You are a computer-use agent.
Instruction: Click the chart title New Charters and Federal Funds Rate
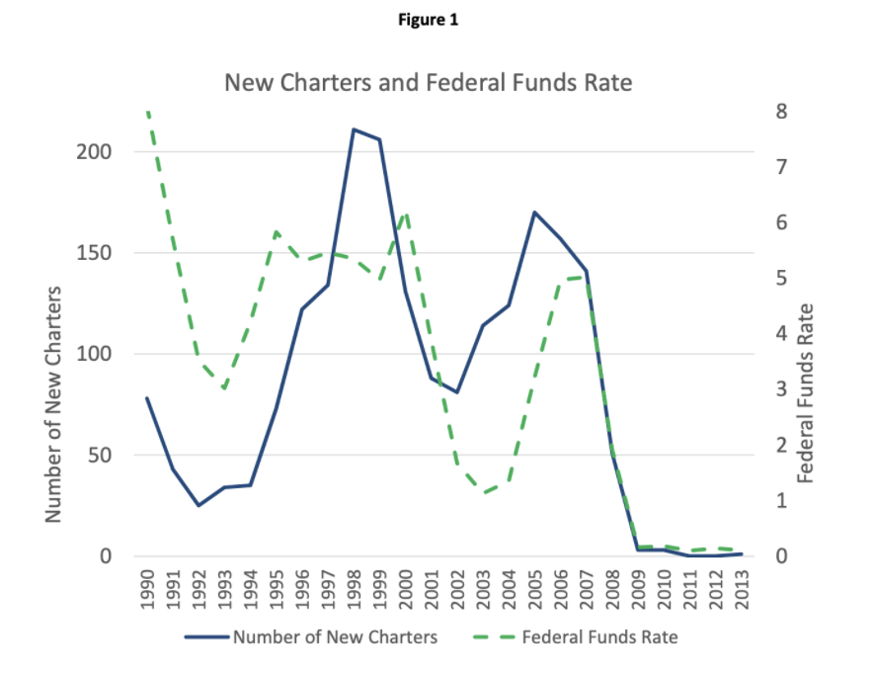(x=428, y=82)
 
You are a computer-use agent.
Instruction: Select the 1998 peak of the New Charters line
(x=354, y=129)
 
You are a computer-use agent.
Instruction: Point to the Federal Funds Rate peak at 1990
(x=147, y=111)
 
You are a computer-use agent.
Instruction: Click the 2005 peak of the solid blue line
(x=533, y=212)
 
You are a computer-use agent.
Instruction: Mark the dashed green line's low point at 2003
(x=483, y=492)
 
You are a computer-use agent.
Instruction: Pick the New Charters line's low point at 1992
(x=199, y=505)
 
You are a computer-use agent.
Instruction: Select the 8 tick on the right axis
(x=779, y=111)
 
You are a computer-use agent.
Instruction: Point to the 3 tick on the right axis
(x=779, y=389)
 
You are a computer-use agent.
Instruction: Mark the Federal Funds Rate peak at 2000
(x=405, y=212)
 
